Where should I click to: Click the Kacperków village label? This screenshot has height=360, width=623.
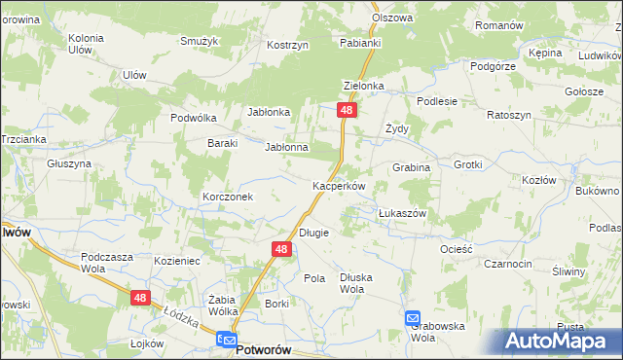[338, 186]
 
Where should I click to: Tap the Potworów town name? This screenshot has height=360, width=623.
[266, 347]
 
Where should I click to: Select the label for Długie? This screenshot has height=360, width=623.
[313, 233]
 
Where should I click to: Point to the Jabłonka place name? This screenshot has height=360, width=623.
[270, 112]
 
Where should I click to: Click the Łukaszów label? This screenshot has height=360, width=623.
[402, 212]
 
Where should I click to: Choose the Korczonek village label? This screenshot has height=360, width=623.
[228, 197]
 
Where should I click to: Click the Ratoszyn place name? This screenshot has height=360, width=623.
[508, 115]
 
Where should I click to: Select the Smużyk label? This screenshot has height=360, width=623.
[198, 41]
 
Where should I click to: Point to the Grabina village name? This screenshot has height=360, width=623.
[411, 167]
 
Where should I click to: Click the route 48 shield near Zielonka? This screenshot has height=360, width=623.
[347, 112]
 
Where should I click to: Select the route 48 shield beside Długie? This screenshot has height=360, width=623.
[280, 250]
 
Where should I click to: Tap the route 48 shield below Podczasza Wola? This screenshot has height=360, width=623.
[141, 298]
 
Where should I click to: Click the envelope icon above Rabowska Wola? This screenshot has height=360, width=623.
[413, 319]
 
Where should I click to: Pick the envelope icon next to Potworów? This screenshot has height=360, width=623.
[226, 341]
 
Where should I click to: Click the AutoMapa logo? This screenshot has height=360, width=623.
[558, 341]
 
